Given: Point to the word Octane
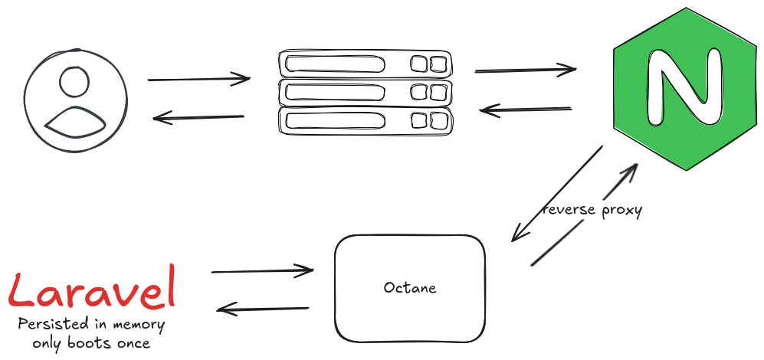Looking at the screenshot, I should [x=410, y=288].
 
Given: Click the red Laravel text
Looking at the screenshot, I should [x=92, y=291].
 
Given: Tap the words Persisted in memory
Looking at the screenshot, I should [x=91, y=325].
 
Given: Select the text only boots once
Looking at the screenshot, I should [x=91, y=343].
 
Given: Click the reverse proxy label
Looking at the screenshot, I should [x=592, y=209].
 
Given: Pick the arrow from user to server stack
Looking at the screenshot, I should [x=198, y=78].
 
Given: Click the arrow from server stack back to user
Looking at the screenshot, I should [x=198, y=117].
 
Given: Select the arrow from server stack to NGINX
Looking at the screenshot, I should [x=525, y=70].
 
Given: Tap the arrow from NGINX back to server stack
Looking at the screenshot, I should [x=526, y=110].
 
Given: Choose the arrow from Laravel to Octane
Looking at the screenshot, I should [x=262, y=270].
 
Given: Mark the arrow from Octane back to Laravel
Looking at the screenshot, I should [x=263, y=309].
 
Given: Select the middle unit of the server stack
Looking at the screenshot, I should [x=365, y=92].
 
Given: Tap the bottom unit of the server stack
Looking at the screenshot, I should [x=365, y=119].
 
